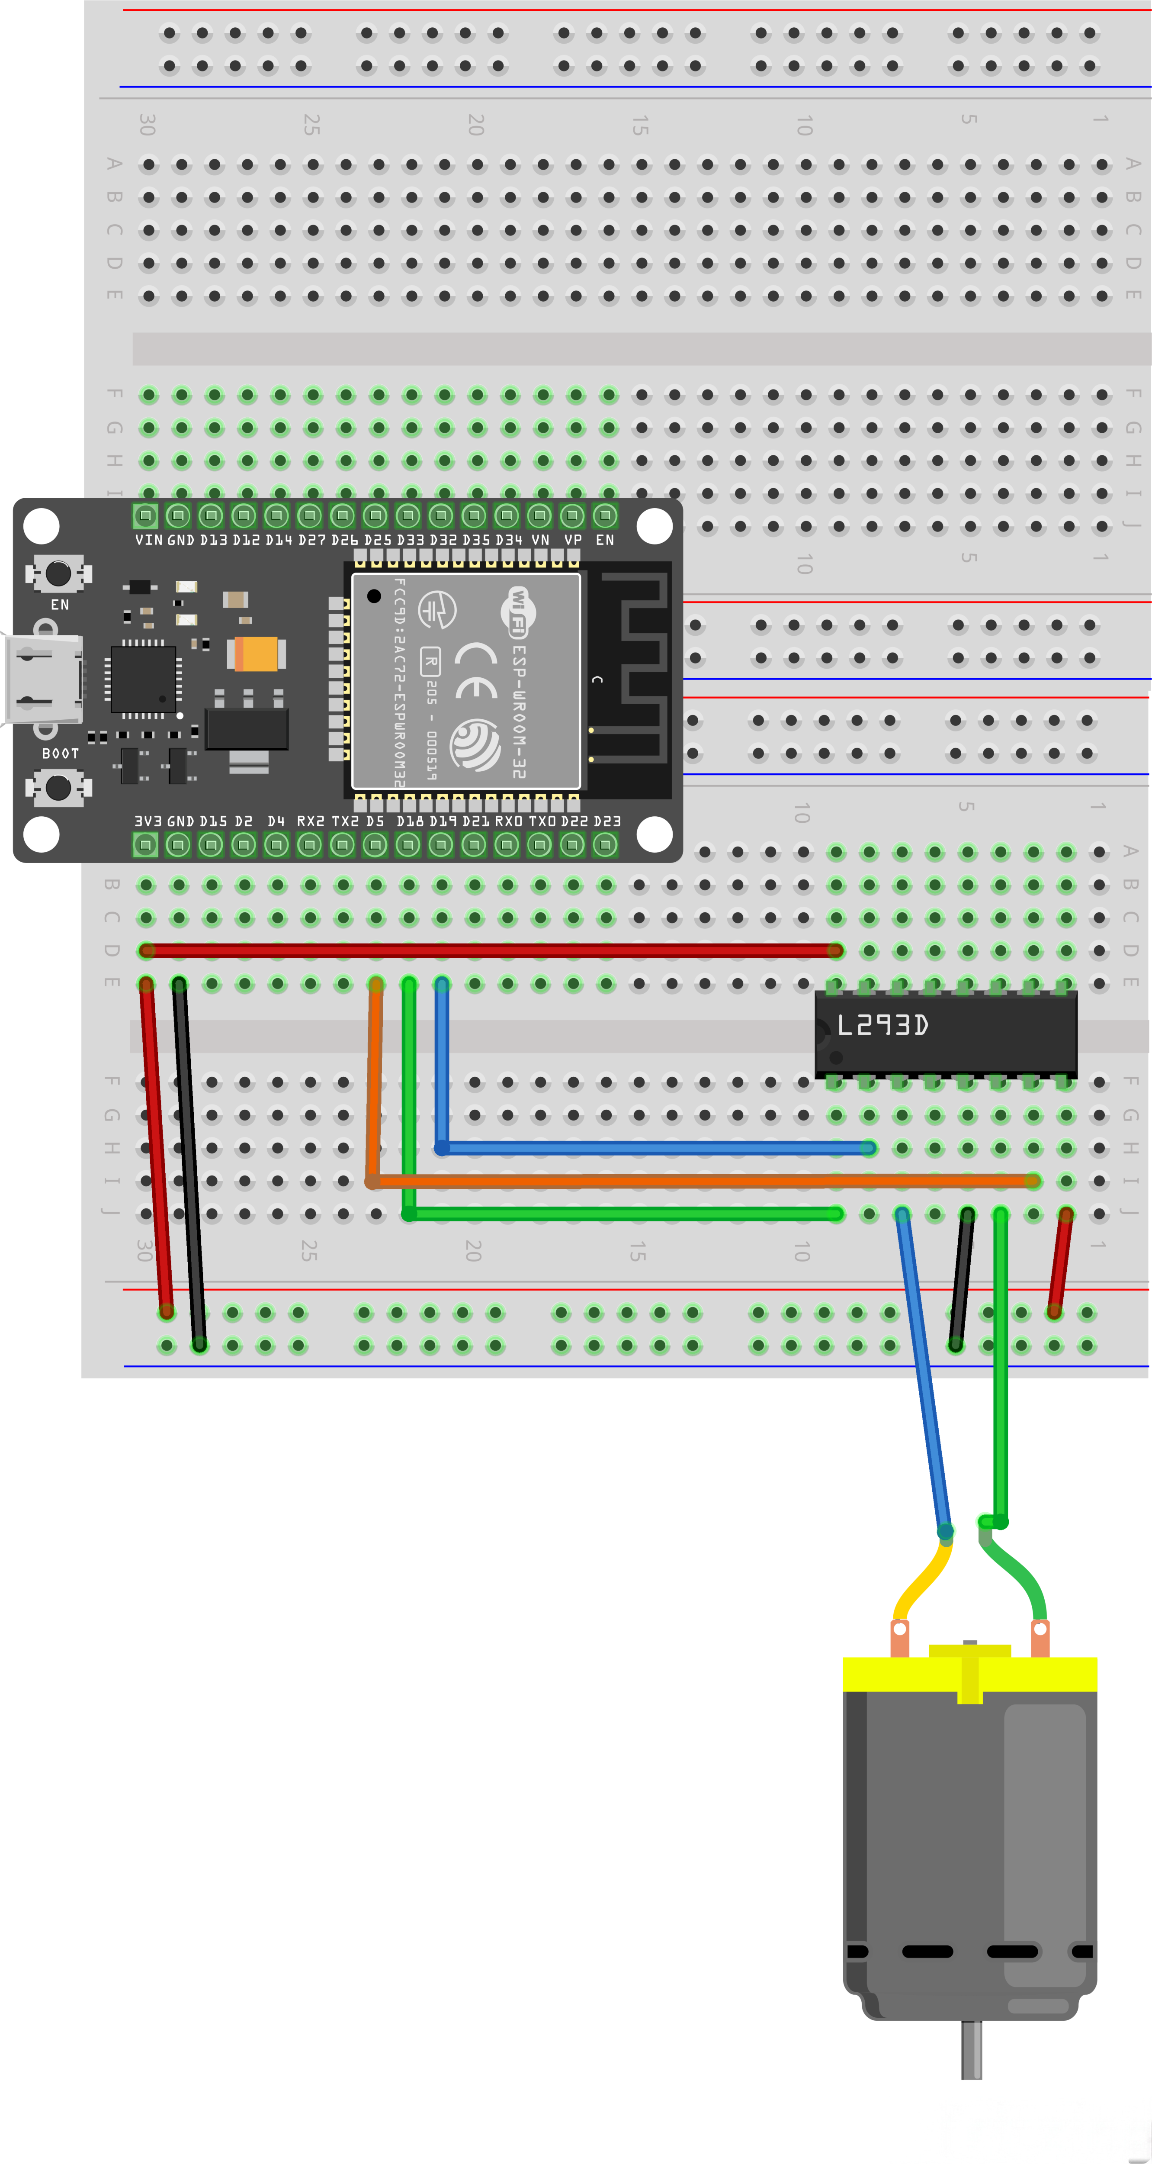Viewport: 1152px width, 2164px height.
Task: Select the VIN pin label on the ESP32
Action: pyautogui.click(x=149, y=540)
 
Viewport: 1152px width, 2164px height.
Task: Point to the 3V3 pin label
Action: pyautogui.click(x=147, y=821)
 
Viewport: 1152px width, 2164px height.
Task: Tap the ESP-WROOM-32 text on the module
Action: pyautogui.click(x=519, y=710)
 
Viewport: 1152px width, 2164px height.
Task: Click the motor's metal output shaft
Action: pyautogui.click(x=972, y=2050)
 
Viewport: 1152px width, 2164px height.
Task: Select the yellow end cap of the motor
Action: pyautogui.click(x=970, y=1673)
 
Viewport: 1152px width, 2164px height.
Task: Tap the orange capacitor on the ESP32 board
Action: pyautogui.click(x=256, y=654)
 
